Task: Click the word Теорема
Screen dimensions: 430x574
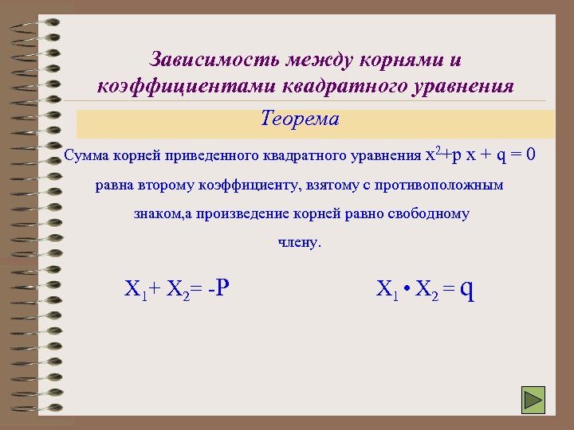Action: [299, 119]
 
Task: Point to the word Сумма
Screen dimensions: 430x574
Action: [83, 154]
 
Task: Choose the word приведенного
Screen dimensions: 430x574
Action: [208, 154]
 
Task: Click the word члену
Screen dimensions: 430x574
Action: [299, 242]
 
